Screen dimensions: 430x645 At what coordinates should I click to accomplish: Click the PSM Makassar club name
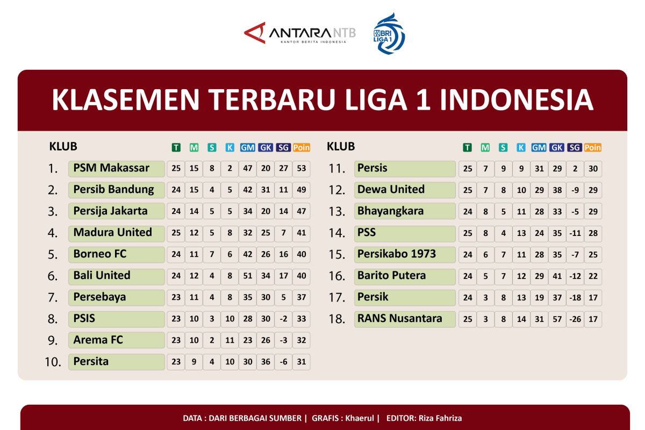pos(111,168)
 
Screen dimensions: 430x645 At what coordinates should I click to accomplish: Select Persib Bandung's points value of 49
pos(301,190)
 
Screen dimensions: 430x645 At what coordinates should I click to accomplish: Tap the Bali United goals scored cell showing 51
pos(248,276)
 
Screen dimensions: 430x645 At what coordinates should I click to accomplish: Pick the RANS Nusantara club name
pos(399,318)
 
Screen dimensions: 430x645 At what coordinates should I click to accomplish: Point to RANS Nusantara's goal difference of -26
pos(575,319)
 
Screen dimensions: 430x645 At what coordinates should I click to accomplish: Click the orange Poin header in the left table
pos(302,147)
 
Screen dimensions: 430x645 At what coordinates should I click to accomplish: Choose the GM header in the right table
pos(539,147)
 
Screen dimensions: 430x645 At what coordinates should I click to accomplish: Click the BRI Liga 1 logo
pos(389,33)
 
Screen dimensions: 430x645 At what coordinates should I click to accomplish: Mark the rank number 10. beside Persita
pos(53,362)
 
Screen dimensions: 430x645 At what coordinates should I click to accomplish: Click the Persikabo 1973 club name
pos(396,254)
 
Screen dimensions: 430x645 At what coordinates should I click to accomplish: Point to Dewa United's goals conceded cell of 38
pos(557,190)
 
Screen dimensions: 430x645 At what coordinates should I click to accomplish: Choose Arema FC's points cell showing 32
pos(301,340)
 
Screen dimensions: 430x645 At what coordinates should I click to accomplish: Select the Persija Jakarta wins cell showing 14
pos(194,211)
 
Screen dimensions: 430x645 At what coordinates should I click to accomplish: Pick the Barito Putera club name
pos(391,275)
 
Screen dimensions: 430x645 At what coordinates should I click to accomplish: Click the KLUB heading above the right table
pos(341,146)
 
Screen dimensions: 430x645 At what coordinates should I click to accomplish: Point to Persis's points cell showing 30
pos(593,168)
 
